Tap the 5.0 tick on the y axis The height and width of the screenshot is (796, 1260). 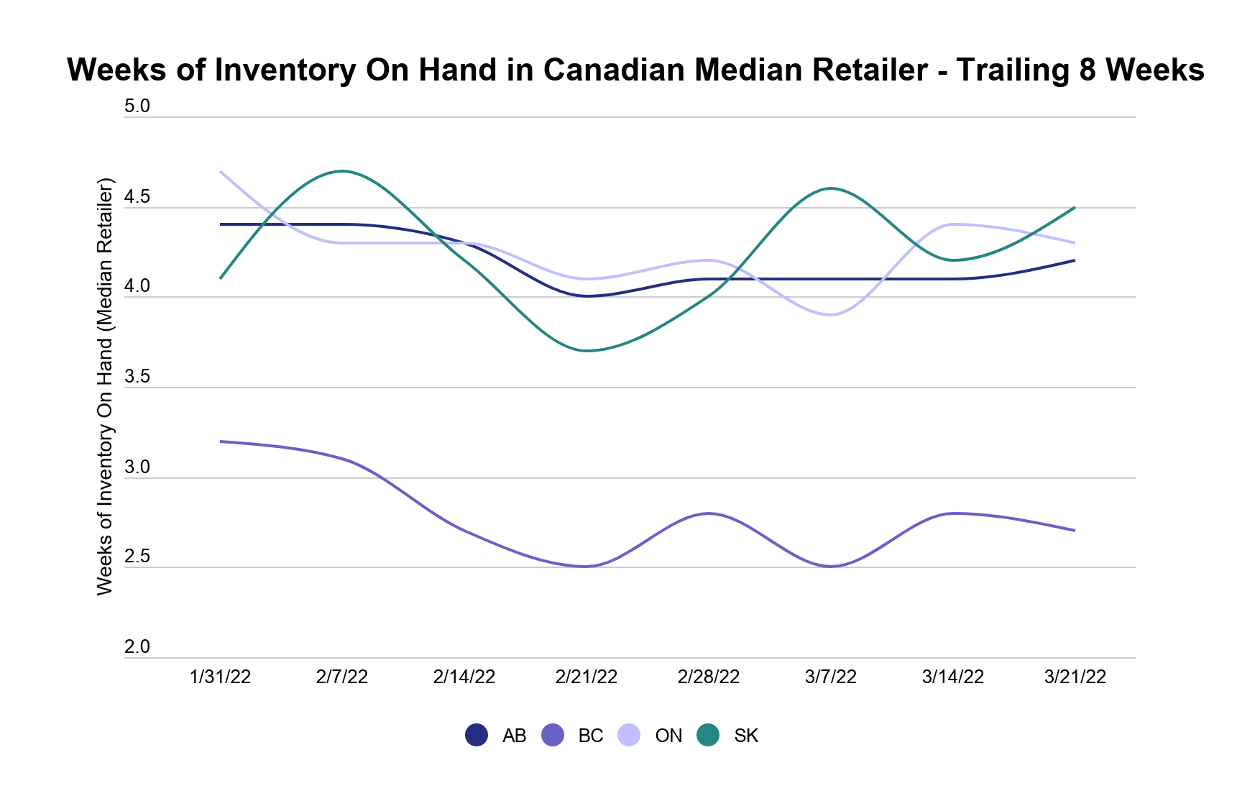click(x=137, y=106)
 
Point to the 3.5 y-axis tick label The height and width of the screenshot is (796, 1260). click(x=137, y=377)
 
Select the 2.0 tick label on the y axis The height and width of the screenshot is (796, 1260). click(x=137, y=647)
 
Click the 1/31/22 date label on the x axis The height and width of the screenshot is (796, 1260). click(x=220, y=677)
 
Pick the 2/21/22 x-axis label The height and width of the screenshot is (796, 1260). click(x=587, y=677)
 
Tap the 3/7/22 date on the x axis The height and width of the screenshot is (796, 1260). click(x=831, y=677)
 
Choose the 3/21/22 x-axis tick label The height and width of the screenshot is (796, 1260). click(x=1075, y=677)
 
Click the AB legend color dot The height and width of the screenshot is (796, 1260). click(x=477, y=735)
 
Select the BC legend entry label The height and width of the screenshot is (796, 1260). click(x=590, y=736)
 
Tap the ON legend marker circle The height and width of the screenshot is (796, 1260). click(x=629, y=735)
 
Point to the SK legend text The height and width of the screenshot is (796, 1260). click(x=746, y=736)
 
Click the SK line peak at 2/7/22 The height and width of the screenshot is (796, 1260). click(x=342, y=171)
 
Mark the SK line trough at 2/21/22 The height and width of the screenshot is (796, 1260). click(x=587, y=351)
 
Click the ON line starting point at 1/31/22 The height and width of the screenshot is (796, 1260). click(x=221, y=172)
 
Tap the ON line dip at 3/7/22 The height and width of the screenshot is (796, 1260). click(x=831, y=315)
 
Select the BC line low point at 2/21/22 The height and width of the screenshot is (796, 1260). click(x=587, y=567)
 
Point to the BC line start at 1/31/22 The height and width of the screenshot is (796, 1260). click(x=221, y=442)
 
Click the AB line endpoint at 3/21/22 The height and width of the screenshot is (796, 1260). click(x=1075, y=260)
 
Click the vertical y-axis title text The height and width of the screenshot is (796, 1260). click(x=105, y=386)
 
